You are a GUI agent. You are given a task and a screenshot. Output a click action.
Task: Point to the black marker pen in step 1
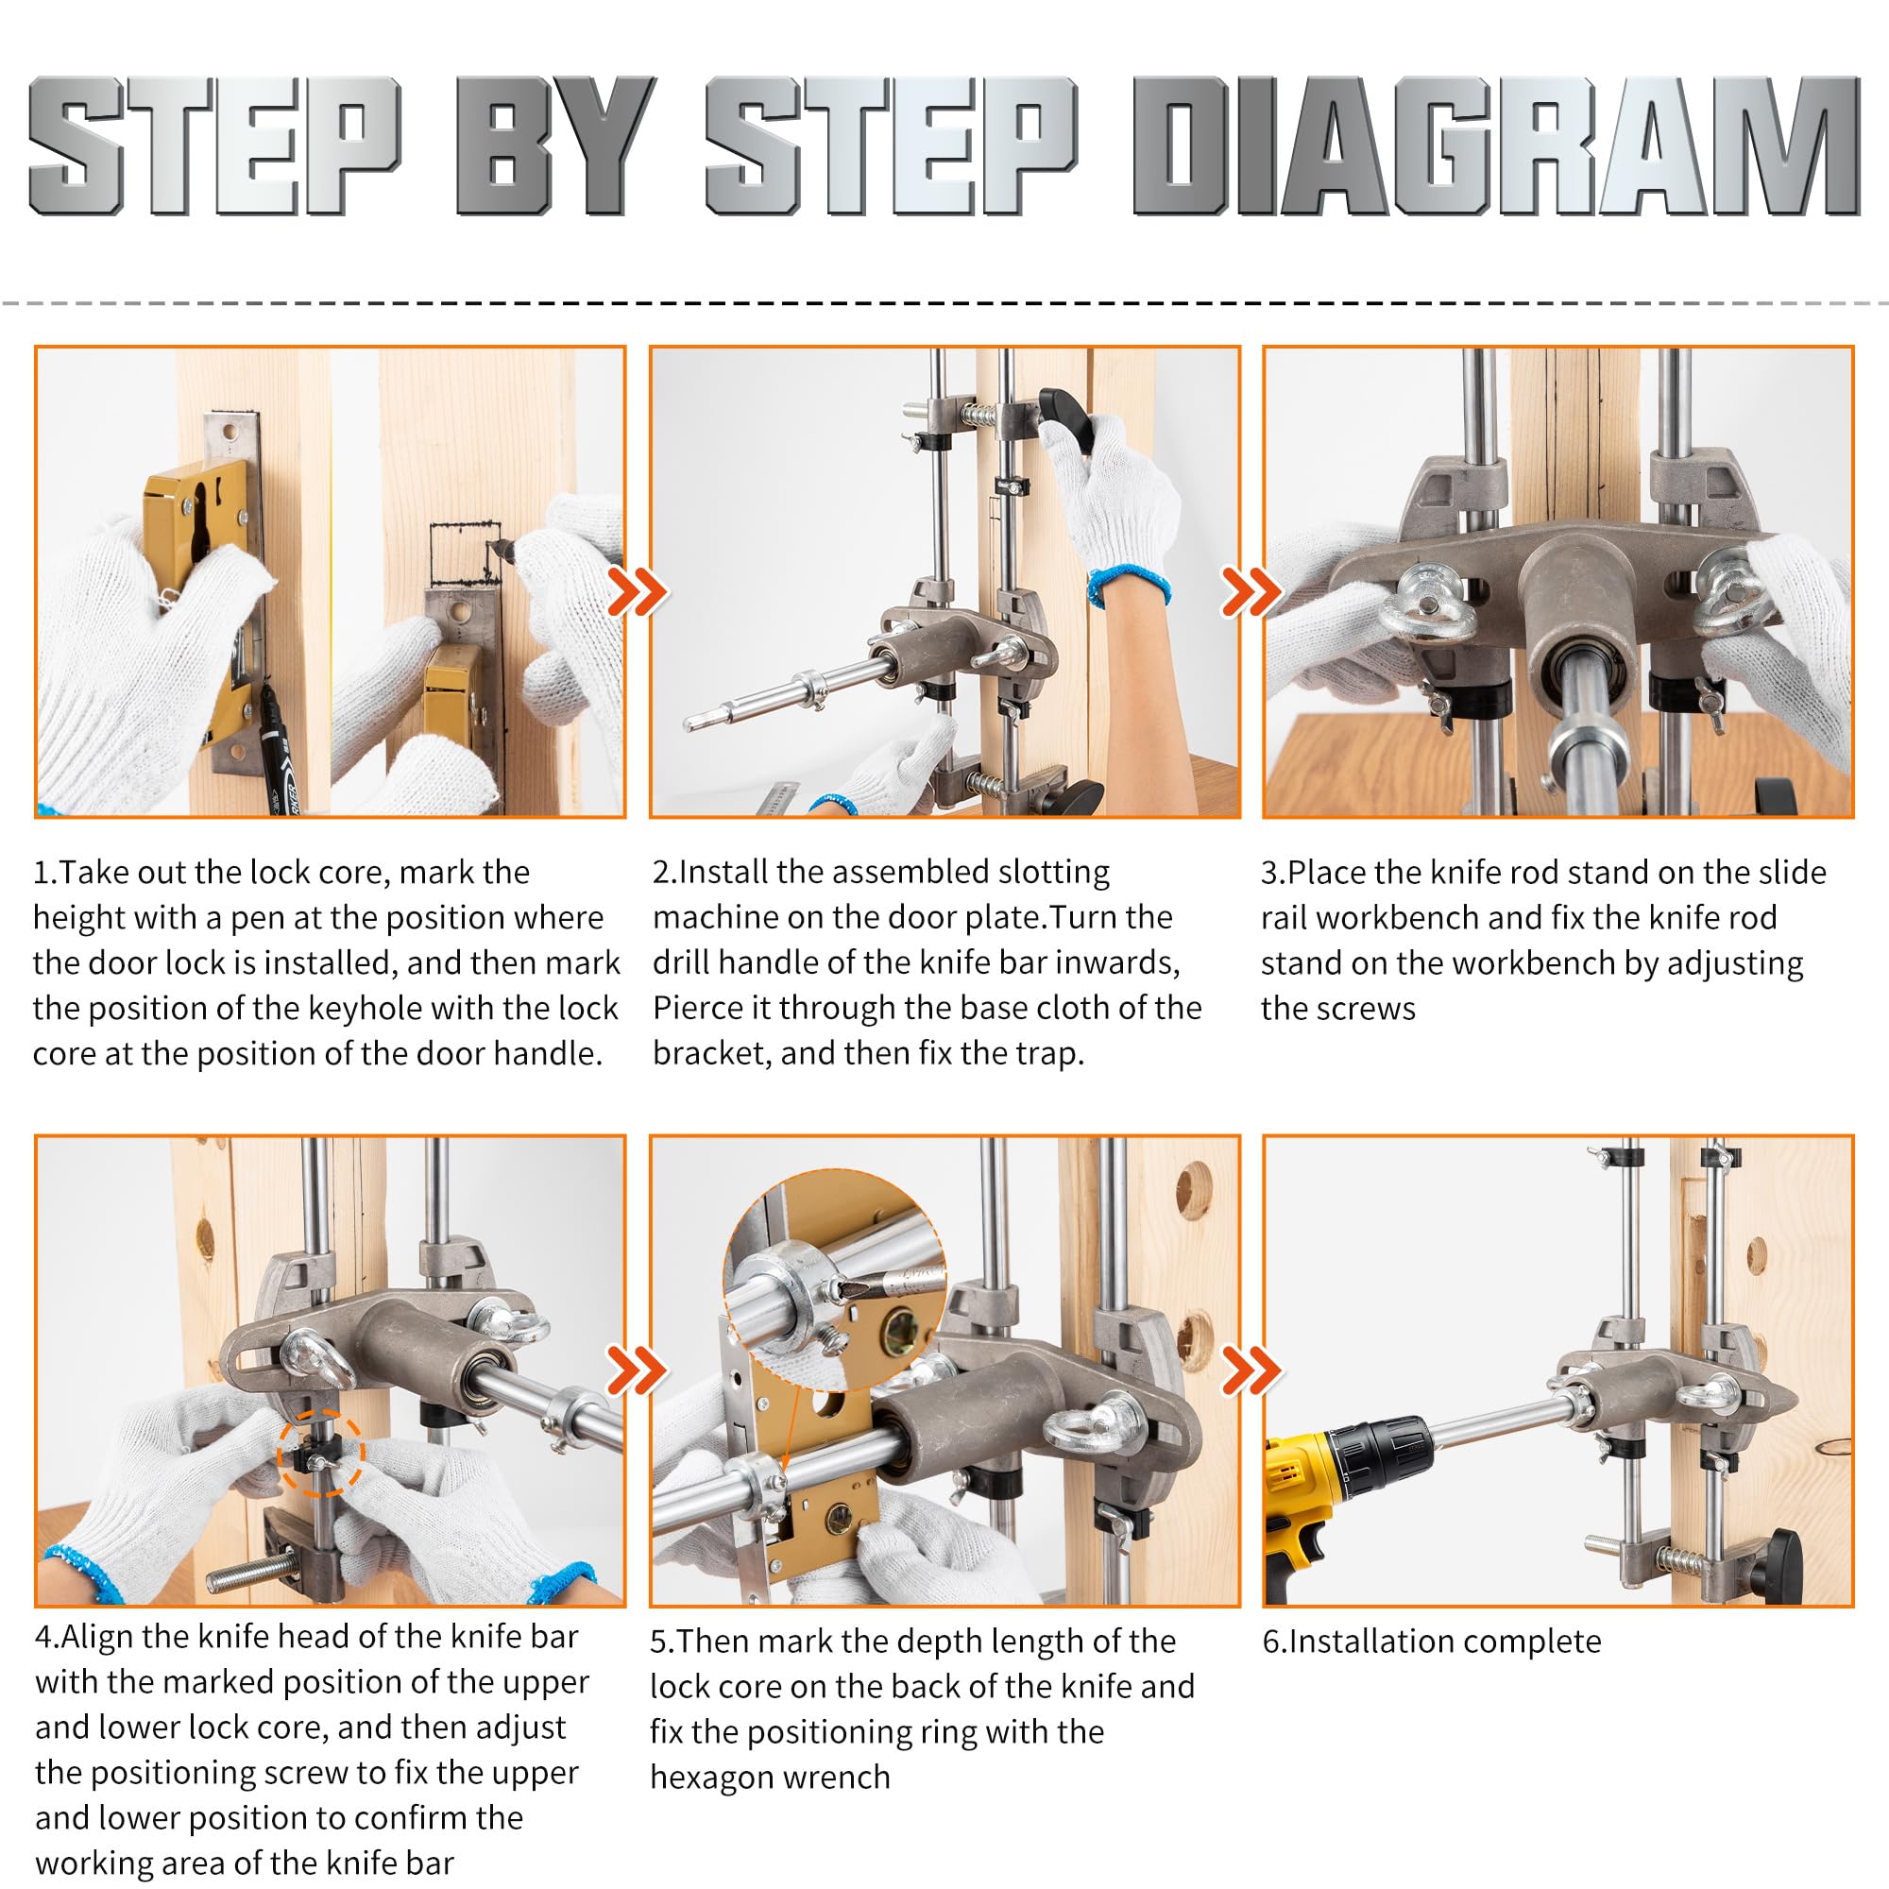(x=278, y=748)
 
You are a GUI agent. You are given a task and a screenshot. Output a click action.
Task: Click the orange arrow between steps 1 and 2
(x=637, y=590)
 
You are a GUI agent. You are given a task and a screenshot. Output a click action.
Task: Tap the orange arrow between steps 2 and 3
(x=1251, y=590)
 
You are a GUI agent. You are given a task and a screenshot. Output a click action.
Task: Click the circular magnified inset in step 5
(x=833, y=1277)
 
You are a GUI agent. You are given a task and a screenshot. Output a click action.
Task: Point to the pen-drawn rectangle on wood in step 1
(x=466, y=554)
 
